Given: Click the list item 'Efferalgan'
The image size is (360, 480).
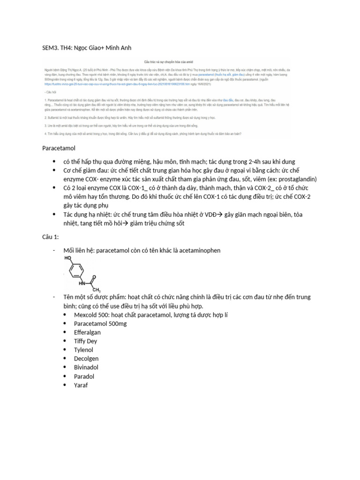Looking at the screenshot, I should pyautogui.click(x=87, y=332).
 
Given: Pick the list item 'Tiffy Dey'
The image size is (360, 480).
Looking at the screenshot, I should pyautogui.click(x=86, y=341).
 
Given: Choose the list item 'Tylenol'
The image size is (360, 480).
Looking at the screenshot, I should pyautogui.click(x=83, y=350).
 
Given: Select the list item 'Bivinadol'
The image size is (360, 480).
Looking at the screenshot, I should pyautogui.click(x=86, y=367).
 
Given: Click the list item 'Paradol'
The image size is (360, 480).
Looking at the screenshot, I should pyautogui.click(x=84, y=376).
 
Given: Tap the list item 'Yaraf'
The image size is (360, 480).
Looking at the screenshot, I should pyautogui.click(x=81, y=385).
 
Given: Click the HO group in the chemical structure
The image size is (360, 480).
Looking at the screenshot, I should pyautogui.click(x=68, y=258).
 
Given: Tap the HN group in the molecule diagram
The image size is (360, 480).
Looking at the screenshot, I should pyautogui.click(x=82, y=283).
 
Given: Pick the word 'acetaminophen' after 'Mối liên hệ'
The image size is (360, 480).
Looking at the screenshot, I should pyautogui.click(x=196, y=250).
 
